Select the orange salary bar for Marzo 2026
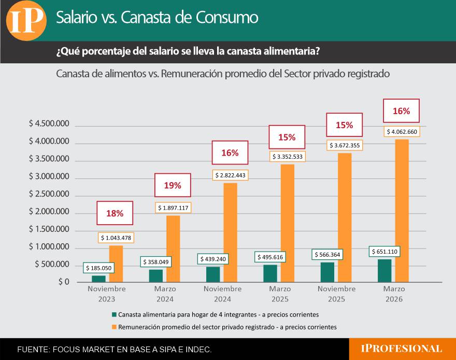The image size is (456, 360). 402,210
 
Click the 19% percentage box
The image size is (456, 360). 173,185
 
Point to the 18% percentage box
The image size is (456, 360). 115,213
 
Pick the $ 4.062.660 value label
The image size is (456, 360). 402,132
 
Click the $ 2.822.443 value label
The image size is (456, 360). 231,176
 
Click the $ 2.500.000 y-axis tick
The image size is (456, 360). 49,194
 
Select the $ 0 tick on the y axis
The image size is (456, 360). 63,282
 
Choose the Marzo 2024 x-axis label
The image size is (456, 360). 165,294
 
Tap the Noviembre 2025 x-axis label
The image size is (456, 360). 336,294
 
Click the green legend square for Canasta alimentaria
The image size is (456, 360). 114,314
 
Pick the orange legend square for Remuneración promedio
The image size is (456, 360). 114,327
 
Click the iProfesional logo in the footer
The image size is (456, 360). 402,349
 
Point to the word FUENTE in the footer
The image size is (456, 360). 32,350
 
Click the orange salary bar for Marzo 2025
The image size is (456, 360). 288,223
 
